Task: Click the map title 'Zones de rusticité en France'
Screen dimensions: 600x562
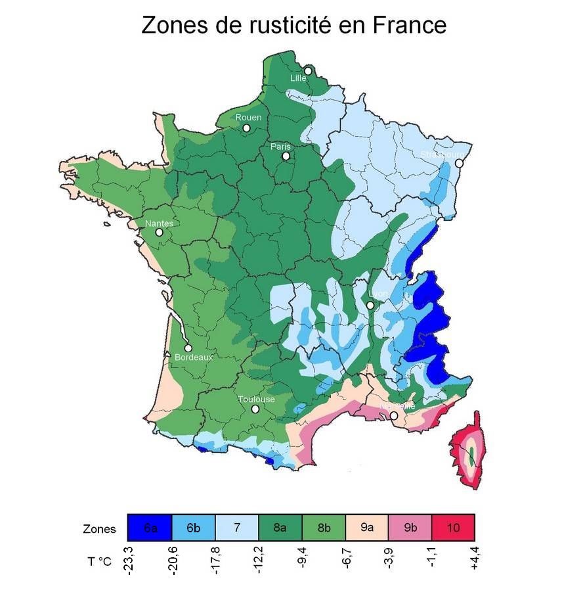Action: click(x=293, y=25)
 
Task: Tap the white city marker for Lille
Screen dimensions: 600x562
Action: click(x=308, y=71)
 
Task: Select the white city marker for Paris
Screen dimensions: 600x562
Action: click(x=286, y=156)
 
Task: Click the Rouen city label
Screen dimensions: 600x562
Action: click(x=248, y=118)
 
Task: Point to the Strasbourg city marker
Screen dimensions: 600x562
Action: click(x=460, y=163)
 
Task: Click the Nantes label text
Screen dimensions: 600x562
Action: click(x=159, y=223)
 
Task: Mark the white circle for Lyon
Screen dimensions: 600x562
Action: click(x=370, y=305)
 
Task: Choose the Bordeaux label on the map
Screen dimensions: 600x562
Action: click(x=194, y=358)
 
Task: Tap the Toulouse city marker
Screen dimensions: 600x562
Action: click(x=255, y=409)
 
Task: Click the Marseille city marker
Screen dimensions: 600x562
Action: click(x=394, y=416)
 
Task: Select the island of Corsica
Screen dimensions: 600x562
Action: click(x=470, y=453)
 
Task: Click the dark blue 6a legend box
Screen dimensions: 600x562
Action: click(x=150, y=528)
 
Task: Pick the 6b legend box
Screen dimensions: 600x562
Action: click(x=193, y=528)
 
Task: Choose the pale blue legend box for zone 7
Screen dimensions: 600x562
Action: click(x=236, y=528)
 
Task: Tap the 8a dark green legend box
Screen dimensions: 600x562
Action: click(x=280, y=528)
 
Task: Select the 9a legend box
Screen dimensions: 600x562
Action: click(x=366, y=528)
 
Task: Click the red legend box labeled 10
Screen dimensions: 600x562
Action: click(x=453, y=528)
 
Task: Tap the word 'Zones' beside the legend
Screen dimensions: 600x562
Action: click(x=99, y=529)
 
